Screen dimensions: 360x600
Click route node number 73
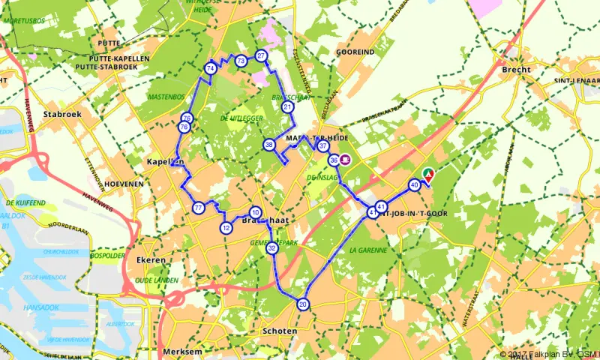[x=241, y=61]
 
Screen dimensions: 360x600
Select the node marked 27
[x=261, y=56]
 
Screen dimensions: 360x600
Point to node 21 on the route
[x=287, y=108]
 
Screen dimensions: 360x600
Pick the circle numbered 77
[x=198, y=208]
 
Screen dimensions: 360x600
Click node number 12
[x=226, y=228]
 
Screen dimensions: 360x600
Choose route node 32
[x=272, y=247]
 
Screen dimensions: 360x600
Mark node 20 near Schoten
[x=302, y=304]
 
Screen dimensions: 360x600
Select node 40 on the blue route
[x=414, y=184]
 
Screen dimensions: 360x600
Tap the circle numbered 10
[x=256, y=212]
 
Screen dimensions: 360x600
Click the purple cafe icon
[x=346, y=159]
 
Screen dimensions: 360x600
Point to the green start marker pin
[x=427, y=175]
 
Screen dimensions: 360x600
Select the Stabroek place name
[x=62, y=114]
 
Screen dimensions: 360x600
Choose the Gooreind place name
[x=355, y=53]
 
